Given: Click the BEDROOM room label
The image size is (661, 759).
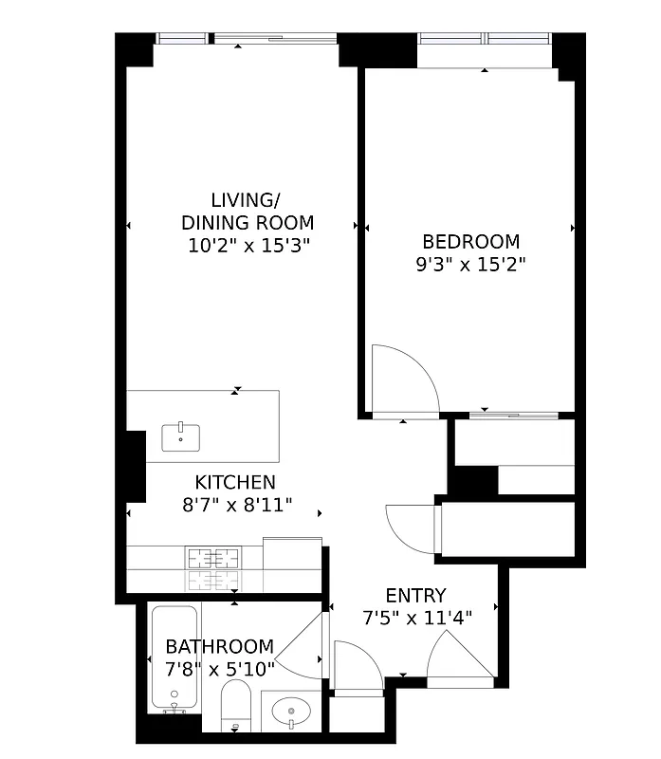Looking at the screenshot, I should click(x=470, y=242).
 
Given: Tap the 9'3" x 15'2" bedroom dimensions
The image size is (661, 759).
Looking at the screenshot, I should click(x=470, y=265).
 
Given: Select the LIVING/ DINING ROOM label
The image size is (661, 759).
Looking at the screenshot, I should click(x=247, y=212).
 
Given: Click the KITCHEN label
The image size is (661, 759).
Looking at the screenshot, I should click(x=235, y=482).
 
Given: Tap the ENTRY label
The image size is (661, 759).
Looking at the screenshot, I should click(x=415, y=596).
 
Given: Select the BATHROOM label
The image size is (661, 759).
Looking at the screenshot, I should click(x=219, y=646).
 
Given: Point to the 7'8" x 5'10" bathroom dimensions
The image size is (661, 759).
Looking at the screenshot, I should click(x=219, y=669).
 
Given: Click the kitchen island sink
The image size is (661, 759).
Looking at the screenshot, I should click(x=180, y=438).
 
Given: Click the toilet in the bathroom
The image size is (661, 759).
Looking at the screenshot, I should click(x=233, y=707).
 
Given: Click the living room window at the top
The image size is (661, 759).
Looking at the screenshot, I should click(x=247, y=39).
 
